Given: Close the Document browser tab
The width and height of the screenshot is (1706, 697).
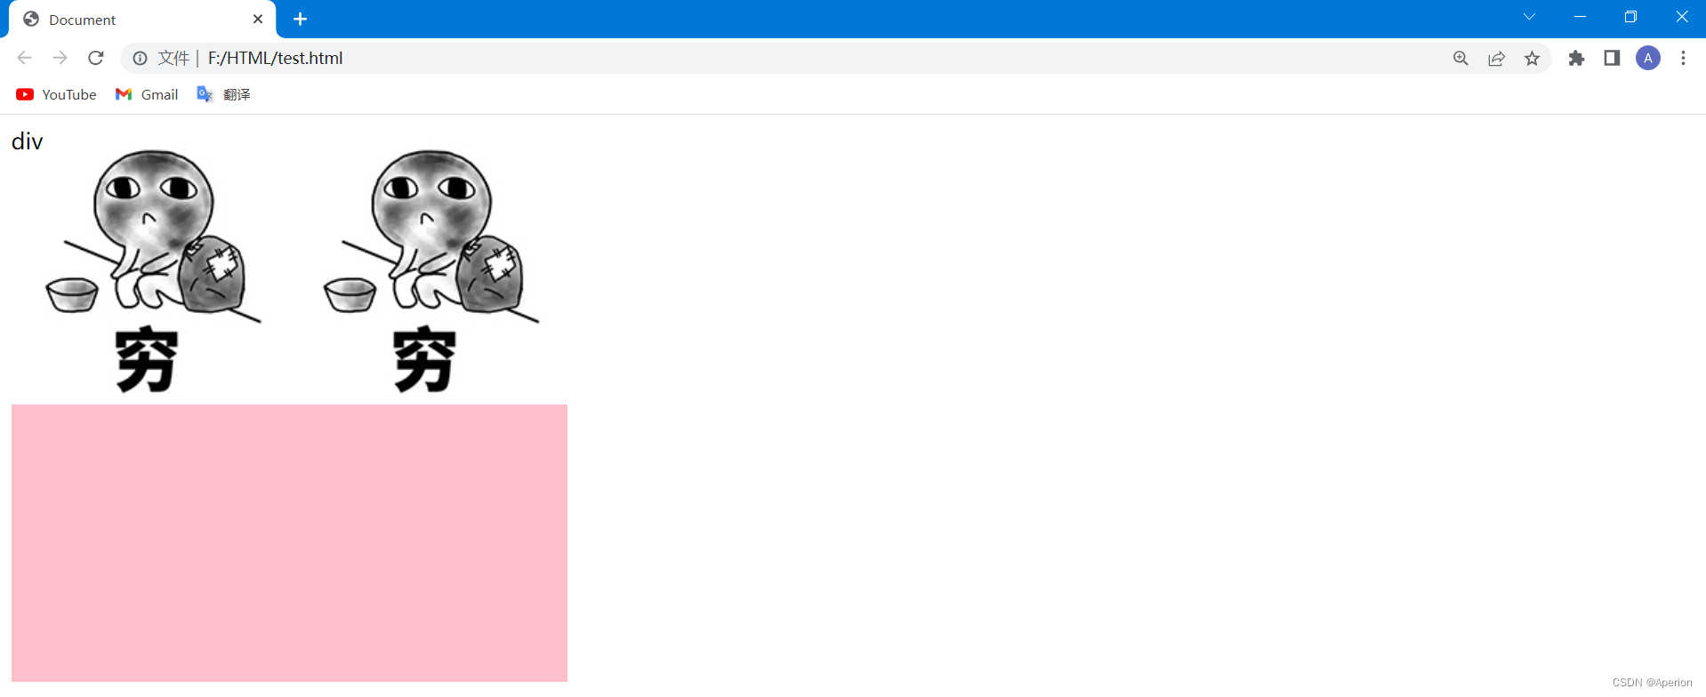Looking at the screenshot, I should [x=258, y=19].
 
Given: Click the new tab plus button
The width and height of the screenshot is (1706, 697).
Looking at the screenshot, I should [x=301, y=19].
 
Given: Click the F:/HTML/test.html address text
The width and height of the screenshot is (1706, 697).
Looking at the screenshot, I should [x=275, y=58].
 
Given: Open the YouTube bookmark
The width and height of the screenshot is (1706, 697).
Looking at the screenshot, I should [x=56, y=94].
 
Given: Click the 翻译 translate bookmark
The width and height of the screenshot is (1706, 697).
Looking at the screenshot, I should [x=224, y=94].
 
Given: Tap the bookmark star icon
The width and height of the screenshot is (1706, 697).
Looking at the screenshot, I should [x=1532, y=58].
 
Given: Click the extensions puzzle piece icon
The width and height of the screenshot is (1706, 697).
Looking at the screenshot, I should [x=1576, y=58].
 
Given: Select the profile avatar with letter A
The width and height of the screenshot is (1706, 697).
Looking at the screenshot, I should [x=1647, y=58].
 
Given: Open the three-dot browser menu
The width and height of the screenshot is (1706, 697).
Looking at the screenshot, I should [x=1683, y=58].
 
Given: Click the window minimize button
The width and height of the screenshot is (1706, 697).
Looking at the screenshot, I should [x=1580, y=17].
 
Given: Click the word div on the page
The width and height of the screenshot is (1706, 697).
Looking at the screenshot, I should [x=28, y=141].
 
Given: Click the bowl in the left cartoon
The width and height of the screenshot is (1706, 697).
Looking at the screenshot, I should [x=72, y=294].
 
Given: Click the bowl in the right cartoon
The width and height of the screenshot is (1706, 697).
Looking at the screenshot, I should [x=350, y=294].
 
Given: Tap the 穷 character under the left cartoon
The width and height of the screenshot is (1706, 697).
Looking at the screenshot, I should [x=147, y=359].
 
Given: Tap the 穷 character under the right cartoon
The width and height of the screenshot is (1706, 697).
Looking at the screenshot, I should [x=424, y=359].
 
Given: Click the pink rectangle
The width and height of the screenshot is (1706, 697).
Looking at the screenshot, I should [x=289, y=543].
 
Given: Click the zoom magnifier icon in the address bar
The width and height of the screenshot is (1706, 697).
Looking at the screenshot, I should [x=1461, y=58].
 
